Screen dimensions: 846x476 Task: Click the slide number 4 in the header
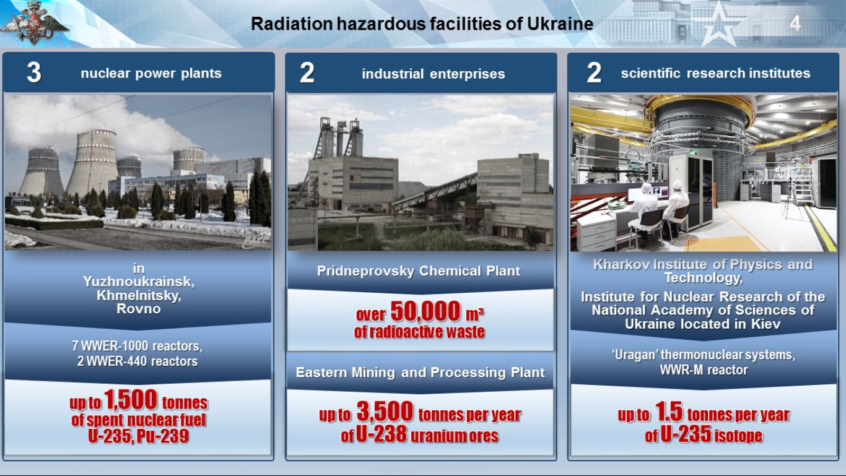point(795,24)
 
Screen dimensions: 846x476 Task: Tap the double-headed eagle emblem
point(35,23)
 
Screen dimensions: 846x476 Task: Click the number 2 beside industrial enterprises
point(307,72)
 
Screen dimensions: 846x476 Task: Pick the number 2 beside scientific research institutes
point(594,72)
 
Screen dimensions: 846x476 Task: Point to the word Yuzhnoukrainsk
point(139,282)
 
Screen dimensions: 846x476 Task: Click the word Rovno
point(139,309)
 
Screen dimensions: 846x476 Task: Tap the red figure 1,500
point(131,399)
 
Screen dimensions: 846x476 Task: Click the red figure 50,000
point(425,311)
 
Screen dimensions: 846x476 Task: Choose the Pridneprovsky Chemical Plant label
point(419,270)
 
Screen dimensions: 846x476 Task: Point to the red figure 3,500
point(385,412)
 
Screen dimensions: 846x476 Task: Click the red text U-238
point(382,434)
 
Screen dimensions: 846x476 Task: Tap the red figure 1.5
point(669,412)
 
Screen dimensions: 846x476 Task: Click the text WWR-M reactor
point(704,370)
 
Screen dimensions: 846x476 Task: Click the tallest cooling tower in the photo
point(92,162)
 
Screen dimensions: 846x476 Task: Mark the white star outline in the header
point(720,25)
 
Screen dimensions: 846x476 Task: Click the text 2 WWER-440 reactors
point(137,361)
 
